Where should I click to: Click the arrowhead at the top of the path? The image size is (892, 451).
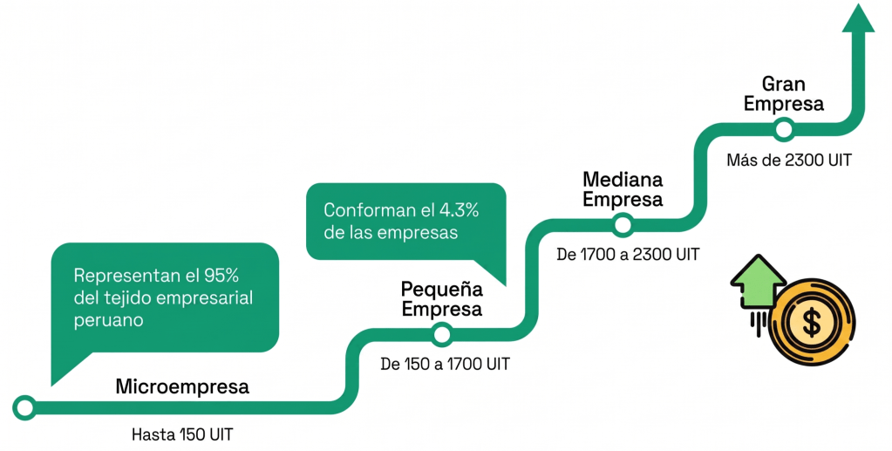tap(858, 18)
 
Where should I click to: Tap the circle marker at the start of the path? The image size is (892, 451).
tap(24, 407)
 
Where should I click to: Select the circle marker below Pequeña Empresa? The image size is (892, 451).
tap(442, 334)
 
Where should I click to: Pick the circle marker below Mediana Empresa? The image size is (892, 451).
tap(623, 225)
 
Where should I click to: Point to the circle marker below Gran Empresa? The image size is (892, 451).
tap(783, 129)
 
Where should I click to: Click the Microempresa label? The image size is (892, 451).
tap(182, 386)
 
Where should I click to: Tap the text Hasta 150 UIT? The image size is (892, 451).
tap(182, 434)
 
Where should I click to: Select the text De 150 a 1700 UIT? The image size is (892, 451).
tap(445, 363)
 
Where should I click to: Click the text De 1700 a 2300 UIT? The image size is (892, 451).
tap(628, 254)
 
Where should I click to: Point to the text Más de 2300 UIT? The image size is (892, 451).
tap(789, 160)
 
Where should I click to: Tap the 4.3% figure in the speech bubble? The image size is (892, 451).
tap(459, 210)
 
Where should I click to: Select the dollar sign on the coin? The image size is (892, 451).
tap(812, 321)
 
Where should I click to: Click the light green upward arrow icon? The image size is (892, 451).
tap(758, 281)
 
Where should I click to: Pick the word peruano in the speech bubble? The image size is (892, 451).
tap(108, 321)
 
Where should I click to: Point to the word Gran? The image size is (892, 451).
tap(783, 85)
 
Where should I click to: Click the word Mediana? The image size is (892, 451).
tap(623, 180)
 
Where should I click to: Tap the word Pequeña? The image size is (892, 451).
tap(441, 290)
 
